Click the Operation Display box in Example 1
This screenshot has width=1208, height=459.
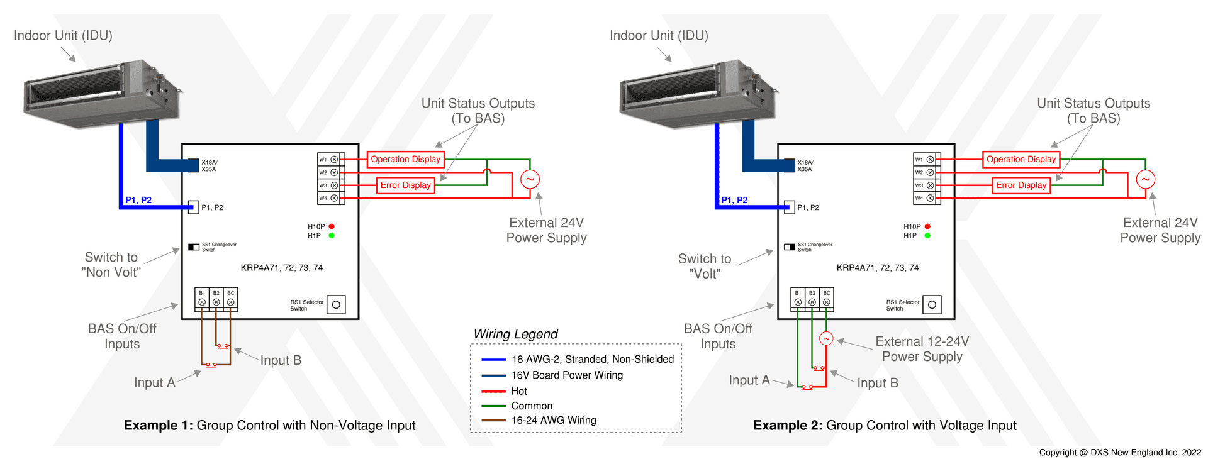[405, 159]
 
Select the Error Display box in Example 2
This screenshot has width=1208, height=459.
[1021, 185]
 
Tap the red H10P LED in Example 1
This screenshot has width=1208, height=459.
[332, 226]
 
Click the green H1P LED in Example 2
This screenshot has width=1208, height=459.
[927, 236]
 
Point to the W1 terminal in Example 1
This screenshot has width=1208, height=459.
[334, 160]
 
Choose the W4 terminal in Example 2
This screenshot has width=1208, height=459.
[930, 198]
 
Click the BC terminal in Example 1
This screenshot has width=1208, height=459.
[231, 302]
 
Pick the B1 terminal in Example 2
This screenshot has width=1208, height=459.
[798, 302]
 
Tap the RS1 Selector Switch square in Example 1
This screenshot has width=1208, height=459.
[336, 305]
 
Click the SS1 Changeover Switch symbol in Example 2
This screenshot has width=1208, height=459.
[789, 246]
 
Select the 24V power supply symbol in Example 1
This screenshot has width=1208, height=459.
[530, 179]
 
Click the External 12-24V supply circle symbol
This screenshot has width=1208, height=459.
[826, 339]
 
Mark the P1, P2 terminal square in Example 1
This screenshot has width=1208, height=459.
[194, 207]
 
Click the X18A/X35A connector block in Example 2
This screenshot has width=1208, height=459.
[789, 165]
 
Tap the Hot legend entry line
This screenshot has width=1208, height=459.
[493, 391]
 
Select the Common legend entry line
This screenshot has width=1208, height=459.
[493, 406]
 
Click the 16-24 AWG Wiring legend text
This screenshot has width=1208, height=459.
[554, 420]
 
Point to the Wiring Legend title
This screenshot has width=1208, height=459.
[515, 334]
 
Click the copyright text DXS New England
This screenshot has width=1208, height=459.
[1120, 452]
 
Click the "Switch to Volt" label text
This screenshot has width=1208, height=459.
[704, 266]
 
